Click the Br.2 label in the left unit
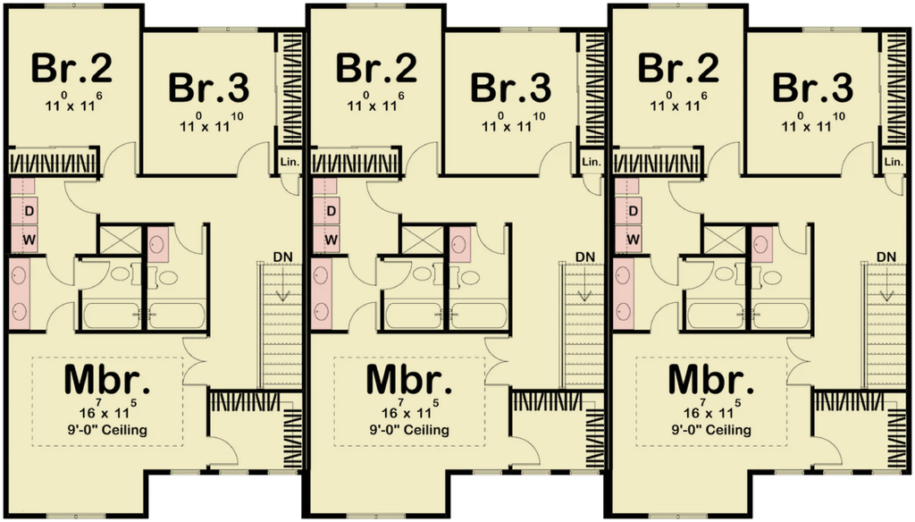pyautogui.click(x=71, y=68)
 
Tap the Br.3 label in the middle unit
pyautogui.click(x=510, y=88)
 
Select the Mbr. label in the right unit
pyautogui.click(x=710, y=379)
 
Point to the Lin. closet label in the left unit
pyautogui.click(x=290, y=163)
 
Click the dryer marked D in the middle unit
pyautogui.click(x=331, y=210)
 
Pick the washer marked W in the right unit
pyautogui.click(x=634, y=240)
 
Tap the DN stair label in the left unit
pyautogui.click(x=282, y=257)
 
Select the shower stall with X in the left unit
pyautogui.click(x=121, y=239)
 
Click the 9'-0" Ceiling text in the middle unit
pyautogui.click(x=409, y=430)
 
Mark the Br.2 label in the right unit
pyautogui.click(x=678, y=68)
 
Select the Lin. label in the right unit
pyautogui.click(x=894, y=163)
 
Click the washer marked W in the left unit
pyautogui.click(x=29, y=240)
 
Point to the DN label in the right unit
pyautogui.click(x=886, y=257)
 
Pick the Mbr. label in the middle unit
pyautogui.click(x=409, y=379)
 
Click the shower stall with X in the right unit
pyautogui.click(x=724, y=239)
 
